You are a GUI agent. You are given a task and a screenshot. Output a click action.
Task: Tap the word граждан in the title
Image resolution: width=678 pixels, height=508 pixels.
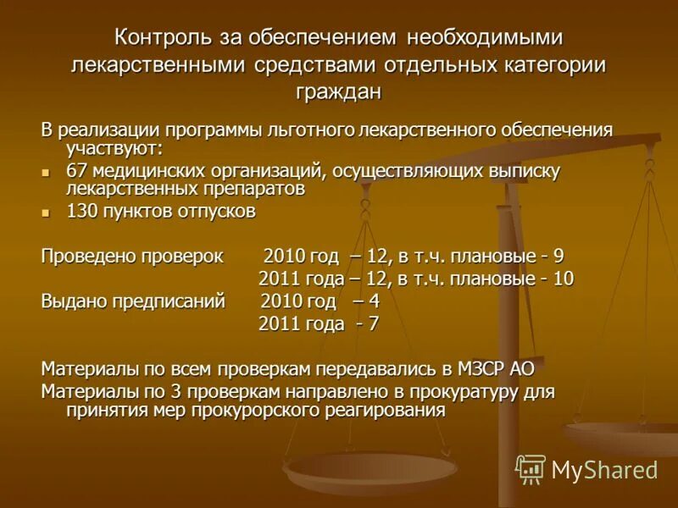(338, 91)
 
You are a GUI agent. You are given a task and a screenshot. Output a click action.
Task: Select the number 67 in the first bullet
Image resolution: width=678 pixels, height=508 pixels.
(76, 171)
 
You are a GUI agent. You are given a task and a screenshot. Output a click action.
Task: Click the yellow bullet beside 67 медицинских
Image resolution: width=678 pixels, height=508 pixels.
(47, 172)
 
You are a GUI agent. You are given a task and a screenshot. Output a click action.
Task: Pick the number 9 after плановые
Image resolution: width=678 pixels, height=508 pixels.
(559, 257)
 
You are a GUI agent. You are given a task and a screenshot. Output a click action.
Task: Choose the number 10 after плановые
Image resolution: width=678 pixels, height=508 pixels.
(564, 279)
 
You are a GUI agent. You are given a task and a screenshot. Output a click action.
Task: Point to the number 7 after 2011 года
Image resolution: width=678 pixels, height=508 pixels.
(373, 323)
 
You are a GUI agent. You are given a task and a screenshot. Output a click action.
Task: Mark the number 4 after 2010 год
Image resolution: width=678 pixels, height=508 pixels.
(374, 301)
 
